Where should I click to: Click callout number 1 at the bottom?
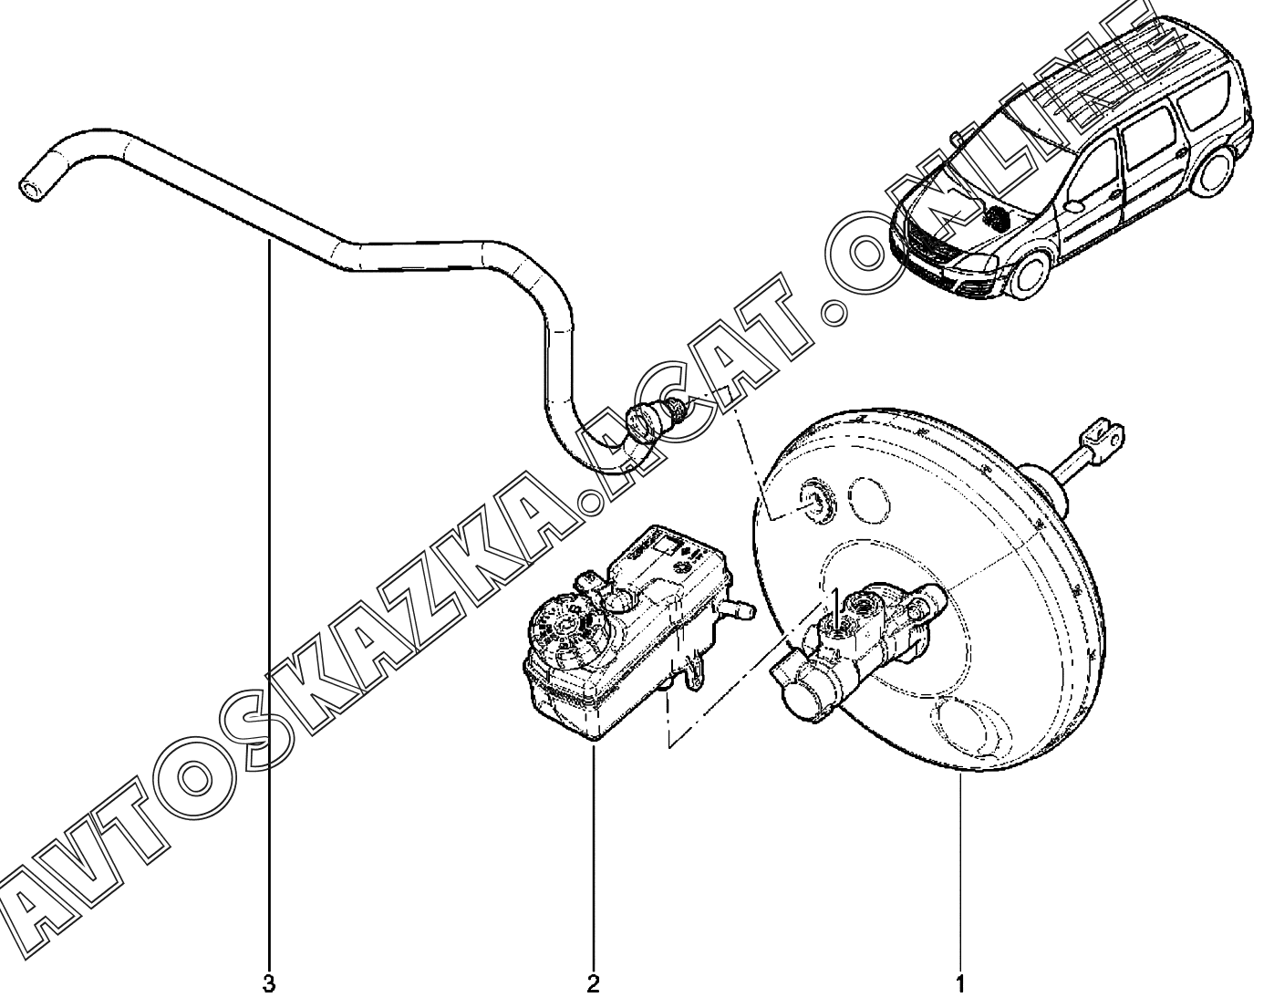(959, 985)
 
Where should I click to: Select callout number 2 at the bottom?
(594, 985)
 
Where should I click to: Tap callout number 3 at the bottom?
(268, 985)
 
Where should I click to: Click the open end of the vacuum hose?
(30, 189)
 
